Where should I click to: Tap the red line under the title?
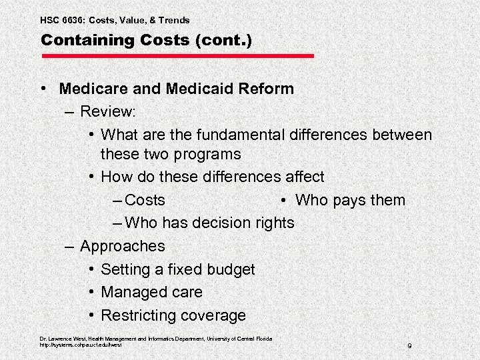point(177,55)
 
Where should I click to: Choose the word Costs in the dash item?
point(145,200)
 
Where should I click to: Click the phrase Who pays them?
point(350,200)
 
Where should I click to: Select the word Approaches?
point(122,246)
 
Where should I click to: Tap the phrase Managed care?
point(151,292)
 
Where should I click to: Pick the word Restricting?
point(137,315)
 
